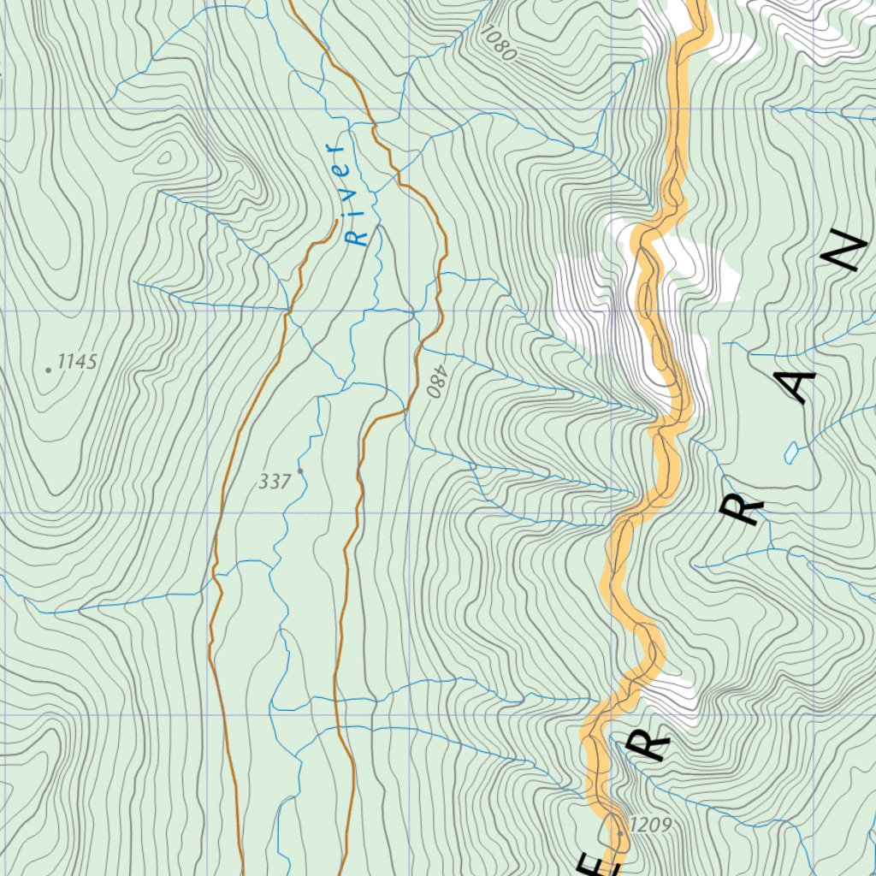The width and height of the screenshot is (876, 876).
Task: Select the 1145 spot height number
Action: point(78,362)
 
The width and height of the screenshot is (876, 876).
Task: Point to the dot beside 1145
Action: point(49,370)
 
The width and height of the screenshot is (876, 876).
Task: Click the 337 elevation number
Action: point(275,482)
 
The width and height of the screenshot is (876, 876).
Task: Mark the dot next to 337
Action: point(300,471)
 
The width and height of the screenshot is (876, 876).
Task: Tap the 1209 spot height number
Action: point(649,825)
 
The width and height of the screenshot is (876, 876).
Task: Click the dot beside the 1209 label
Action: point(620,832)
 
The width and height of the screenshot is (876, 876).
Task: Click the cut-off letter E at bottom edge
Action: point(603,866)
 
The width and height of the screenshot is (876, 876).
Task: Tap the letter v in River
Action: point(348,196)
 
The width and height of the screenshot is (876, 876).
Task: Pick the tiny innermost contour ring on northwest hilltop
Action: point(166,157)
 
